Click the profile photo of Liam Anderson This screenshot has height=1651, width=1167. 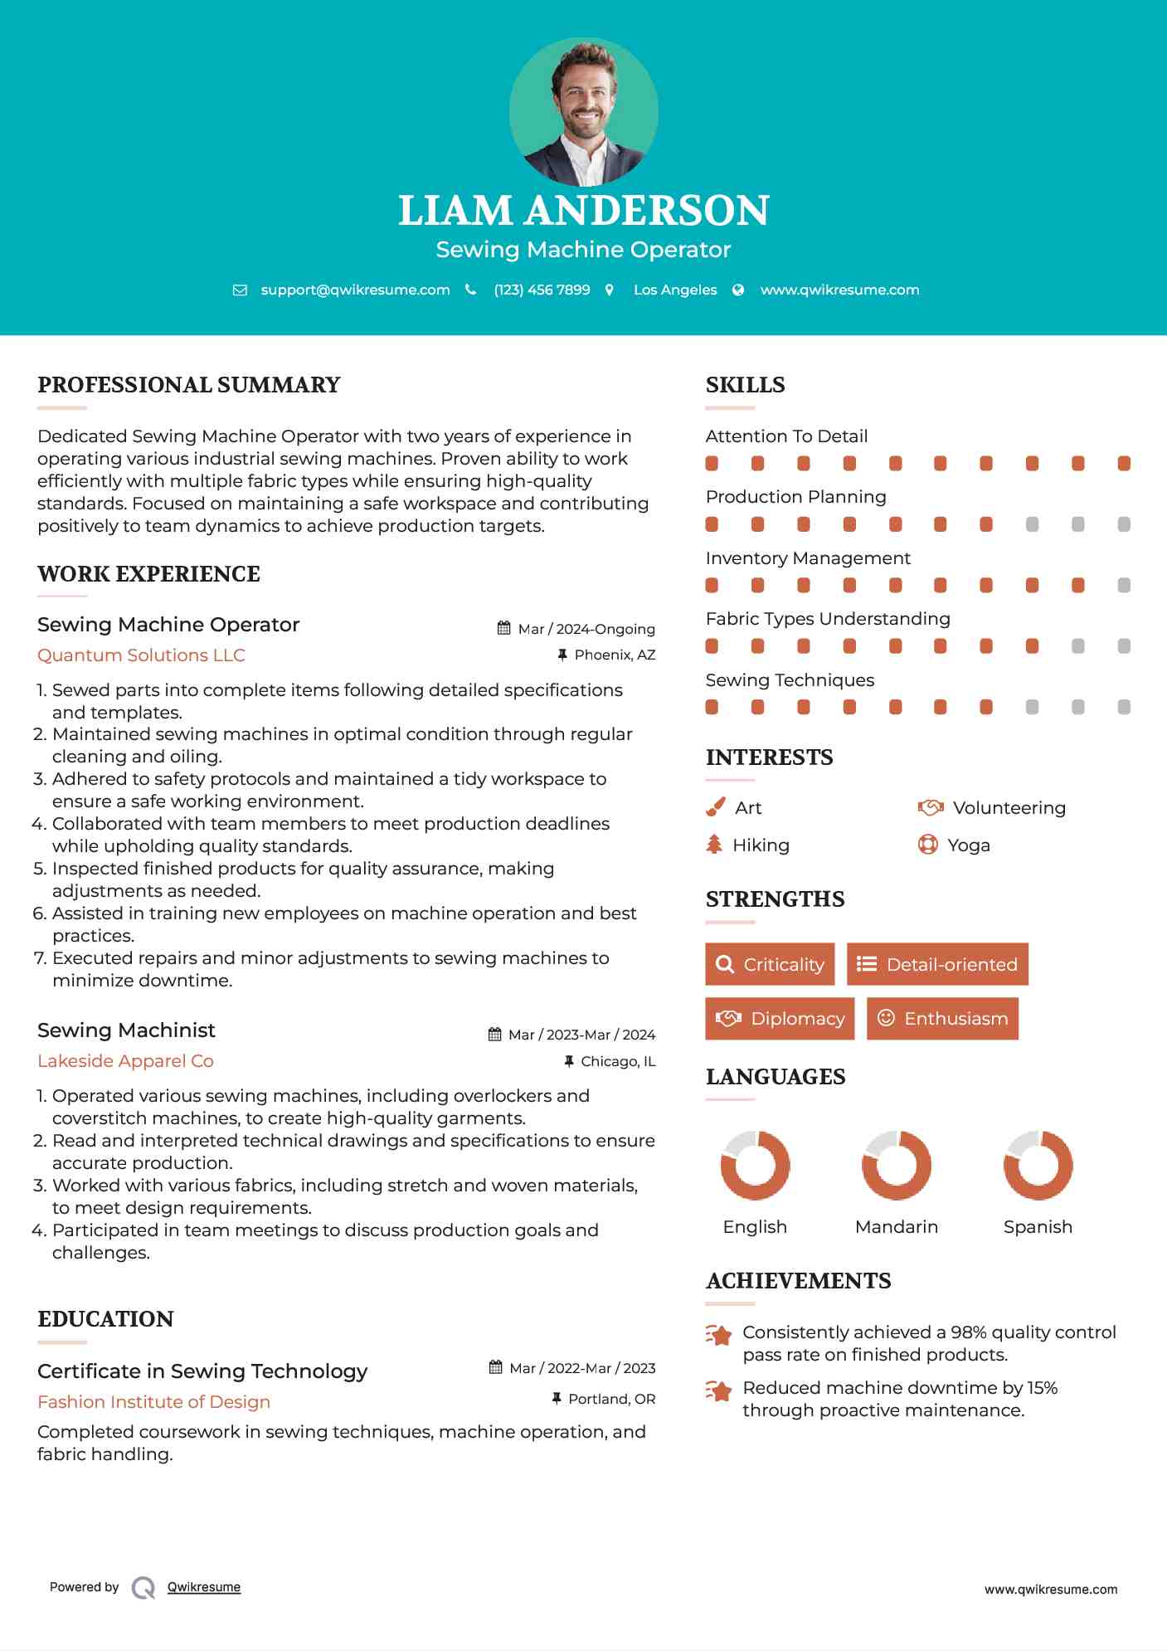tap(583, 111)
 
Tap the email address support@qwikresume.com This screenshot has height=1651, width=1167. tap(355, 290)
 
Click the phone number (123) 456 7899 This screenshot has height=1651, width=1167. tap(542, 290)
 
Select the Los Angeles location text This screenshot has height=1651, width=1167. tap(674, 290)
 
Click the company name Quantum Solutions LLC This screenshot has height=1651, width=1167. tap(141, 655)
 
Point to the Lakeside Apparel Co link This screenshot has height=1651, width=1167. tap(125, 1061)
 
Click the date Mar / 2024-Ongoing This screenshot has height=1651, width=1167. tap(586, 629)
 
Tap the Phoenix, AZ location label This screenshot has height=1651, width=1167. tap(615, 655)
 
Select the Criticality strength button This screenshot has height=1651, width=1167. tap(770, 964)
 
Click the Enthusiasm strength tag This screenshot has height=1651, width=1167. tap(942, 1018)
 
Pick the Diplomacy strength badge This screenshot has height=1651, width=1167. tap(780, 1018)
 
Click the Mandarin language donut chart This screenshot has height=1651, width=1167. tap(897, 1165)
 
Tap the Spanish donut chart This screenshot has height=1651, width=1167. tap(1038, 1165)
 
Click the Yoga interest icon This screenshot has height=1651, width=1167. tap(928, 845)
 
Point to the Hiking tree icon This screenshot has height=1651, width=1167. tap(714, 845)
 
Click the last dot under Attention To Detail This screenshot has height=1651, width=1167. tap(1124, 463)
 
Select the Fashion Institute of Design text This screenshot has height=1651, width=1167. tap(153, 1401)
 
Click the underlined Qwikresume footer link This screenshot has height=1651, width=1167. tap(204, 1587)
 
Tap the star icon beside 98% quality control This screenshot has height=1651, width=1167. tap(719, 1335)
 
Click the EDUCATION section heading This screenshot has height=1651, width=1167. tap(105, 1319)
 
